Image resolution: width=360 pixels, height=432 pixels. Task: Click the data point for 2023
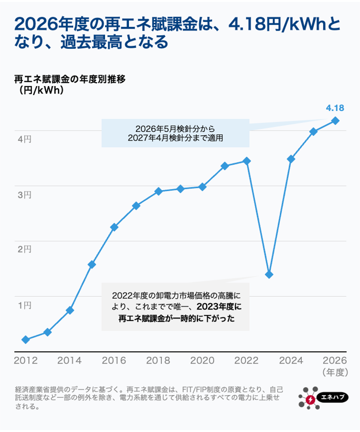pyautogui.click(x=269, y=274)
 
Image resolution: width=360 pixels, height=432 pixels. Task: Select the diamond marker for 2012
pyautogui.click(x=26, y=340)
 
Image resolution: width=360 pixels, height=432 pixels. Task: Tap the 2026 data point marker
pyautogui.click(x=336, y=120)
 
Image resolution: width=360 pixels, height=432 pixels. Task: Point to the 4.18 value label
pyautogui.click(x=335, y=108)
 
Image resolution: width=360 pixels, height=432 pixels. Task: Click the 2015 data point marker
pyautogui.click(x=92, y=264)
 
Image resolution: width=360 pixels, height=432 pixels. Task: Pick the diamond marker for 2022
pyautogui.click(x=247, y=161)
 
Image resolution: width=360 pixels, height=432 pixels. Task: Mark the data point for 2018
pyautogui.click(x=159, y=191)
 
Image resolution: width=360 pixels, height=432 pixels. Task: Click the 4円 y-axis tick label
pyautogui.click(x=25, y=139)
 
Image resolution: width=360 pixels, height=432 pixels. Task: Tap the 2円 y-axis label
pyautogui.click(x=25, y=249)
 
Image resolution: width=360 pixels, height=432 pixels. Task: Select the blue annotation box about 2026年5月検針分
pyautogui.click(x=175, y=133)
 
